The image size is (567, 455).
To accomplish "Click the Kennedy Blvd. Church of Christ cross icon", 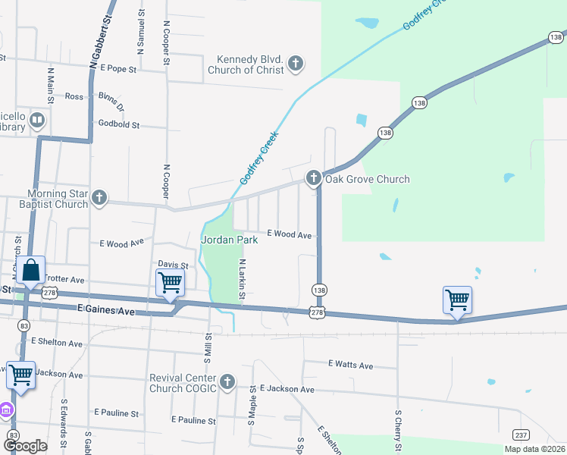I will tap(296, 64).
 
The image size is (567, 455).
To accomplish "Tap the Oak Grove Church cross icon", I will tap(314, 179).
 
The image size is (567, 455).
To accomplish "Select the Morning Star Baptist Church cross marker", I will tap(99, 199).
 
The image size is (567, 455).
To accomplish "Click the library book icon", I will tap(36, 121).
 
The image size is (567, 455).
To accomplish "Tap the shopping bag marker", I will tap(33, 270).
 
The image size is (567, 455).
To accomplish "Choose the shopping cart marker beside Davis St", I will tap(170, 282).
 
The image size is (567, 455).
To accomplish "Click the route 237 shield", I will tap(521, 435).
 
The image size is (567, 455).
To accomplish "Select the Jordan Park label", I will tap(230, 240).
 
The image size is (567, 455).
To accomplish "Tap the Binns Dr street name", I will tap(111, 102).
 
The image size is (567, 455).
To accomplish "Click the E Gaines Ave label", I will tap(105, 309).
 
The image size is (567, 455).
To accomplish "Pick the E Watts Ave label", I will tap(350, 366).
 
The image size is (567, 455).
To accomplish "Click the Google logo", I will tap(25, 446).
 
